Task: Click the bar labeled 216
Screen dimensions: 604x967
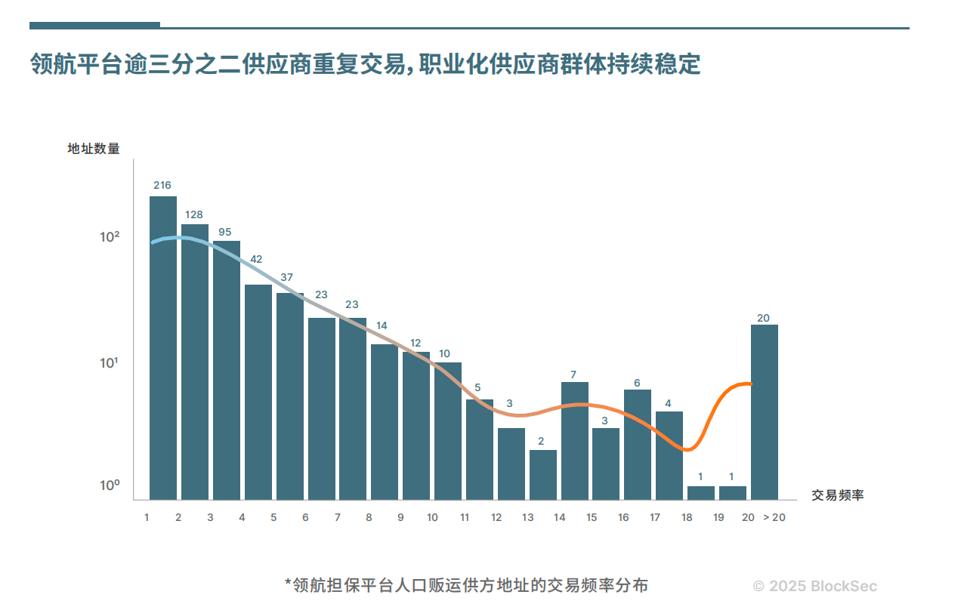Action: [163, 347]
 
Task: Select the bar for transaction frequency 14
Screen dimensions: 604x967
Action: [574, 441]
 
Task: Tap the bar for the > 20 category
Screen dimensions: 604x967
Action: [764, 412]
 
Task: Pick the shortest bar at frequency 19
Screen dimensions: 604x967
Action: [732, 493]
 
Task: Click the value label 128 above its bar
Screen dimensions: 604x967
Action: [194, 215]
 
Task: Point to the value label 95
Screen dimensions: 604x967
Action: [225, 232]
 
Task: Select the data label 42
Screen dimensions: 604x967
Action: [256, 259]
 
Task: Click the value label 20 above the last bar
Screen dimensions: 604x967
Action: [763, 318]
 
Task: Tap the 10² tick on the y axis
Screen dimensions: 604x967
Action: [110, 237]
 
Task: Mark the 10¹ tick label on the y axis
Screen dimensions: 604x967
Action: [110, 363]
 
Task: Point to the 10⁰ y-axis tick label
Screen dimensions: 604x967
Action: [110, 485]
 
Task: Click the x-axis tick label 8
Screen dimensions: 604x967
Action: [369, 518]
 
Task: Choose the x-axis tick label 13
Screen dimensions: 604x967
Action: [527, 518]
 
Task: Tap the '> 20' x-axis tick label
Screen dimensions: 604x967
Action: [774, 518]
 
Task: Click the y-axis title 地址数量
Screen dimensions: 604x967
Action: [94, 149]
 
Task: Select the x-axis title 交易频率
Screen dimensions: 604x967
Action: [838, 496]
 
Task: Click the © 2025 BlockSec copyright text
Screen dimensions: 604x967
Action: [815, 586]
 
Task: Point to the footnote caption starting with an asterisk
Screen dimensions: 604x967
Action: [466, 585]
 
